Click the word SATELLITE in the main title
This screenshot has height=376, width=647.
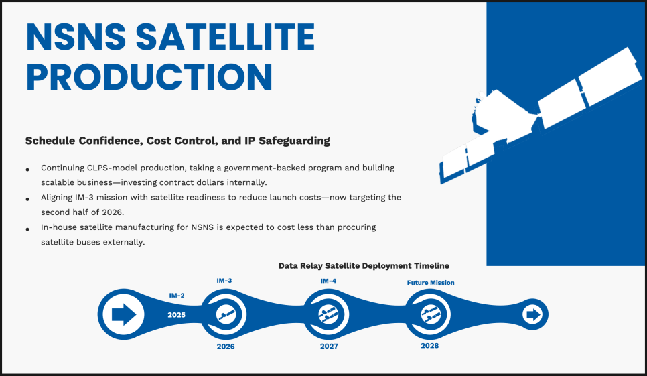point(225,37)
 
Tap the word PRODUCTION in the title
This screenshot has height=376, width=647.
point(149,77)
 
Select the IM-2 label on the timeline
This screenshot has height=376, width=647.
point(177,296)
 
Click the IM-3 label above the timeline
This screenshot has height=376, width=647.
point(224,281)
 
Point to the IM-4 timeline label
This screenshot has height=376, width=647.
point(328,281)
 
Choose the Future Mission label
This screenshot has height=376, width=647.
point(431,283)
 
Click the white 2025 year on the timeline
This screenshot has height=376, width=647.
point(176,315)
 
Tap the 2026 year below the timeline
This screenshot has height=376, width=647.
point(226,347)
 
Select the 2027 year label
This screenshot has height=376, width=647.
point(329,346)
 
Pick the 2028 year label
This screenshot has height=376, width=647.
point(429,345)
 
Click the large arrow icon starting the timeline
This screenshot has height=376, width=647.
point(124,314)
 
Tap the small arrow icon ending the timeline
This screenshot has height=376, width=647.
point(533,314)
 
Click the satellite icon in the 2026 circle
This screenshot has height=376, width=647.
point(226,315)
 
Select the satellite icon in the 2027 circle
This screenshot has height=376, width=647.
point(328,315)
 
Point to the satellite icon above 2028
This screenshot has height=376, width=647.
point(431,315)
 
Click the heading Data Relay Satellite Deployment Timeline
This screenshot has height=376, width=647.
point(364,266)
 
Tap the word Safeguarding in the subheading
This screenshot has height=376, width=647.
point(294,141)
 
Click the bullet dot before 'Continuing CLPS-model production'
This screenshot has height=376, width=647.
point(27,169)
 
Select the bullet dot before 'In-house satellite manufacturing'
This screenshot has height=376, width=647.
point(27,229)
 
